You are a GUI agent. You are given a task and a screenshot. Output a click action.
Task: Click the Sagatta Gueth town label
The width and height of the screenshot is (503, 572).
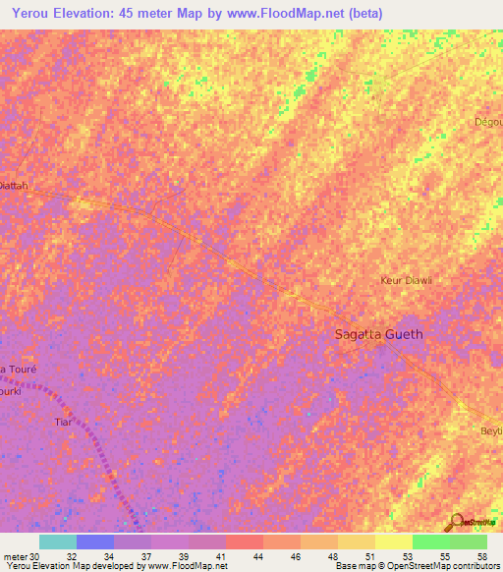(x=379, y=334)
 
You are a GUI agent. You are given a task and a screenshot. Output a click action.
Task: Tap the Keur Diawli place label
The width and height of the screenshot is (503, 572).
(x=407, y=280)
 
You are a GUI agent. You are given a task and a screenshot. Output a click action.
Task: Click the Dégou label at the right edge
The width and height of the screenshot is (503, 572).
(x=489, y=122)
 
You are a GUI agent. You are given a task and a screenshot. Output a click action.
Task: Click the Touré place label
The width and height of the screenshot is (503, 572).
(x=21, y=369)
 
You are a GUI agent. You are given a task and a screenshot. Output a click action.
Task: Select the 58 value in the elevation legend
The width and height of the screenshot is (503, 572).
(x=482, y=556)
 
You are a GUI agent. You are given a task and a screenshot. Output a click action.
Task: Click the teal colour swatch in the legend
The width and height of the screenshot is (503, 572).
(x=58, y=542)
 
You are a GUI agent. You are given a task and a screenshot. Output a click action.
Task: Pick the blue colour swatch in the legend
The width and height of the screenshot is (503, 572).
(x=95, y=542)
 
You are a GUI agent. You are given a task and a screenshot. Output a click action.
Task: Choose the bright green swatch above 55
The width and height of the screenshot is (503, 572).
(x=431, y=542)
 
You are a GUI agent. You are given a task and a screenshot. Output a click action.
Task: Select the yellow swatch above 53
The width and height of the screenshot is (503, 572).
(x=394, y=542)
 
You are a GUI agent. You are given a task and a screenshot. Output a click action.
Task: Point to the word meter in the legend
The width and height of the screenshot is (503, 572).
(x=15, y=556)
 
